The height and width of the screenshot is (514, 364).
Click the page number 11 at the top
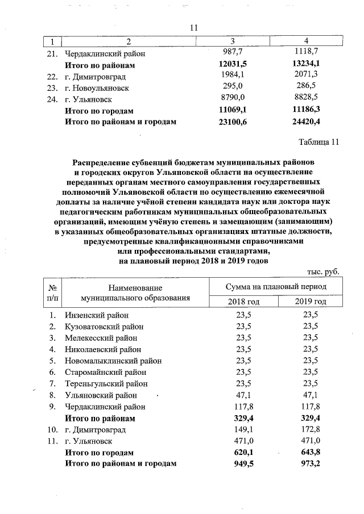pyautogui.click(x=193, y=28)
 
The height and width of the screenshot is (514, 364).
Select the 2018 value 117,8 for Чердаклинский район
pyautogui.click(x=243, y=407)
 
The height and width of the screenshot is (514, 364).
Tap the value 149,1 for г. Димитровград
pyautogui.click(x=243, y=429)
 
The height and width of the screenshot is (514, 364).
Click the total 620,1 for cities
pyautogui.click(x=243, y=453)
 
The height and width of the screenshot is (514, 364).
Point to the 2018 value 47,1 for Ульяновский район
pyautogui.click(x=243, y=395)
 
